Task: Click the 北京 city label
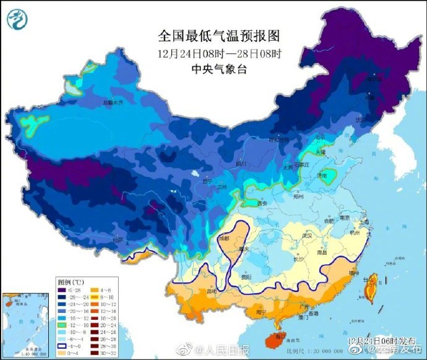click(318, 137)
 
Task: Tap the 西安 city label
click(262, 202)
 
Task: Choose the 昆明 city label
click(212, 290)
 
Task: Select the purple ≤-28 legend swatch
click(63, 289)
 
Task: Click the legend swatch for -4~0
click(63, 346)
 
